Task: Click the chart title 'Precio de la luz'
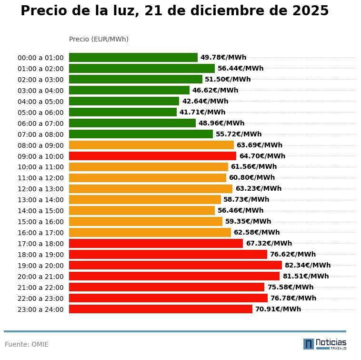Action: (174, 11)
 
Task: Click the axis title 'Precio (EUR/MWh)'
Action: (99, 39)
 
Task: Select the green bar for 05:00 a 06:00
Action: (123, 112)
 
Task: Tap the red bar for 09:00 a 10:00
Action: (152, 156)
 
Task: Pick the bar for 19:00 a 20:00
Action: (175, 265)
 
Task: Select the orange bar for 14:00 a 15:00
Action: (142, 210)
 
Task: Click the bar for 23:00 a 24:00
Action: (160, 309)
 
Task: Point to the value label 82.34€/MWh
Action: (307, 265)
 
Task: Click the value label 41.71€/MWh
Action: (202, 112)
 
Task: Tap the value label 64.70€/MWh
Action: (262, 156)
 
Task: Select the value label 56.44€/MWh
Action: (241, 68)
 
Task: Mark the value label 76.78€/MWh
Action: (293, 298)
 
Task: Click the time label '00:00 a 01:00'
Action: (40, 58)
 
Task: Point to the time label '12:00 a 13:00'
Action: (40, 189)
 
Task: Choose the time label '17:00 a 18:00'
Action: (40, 244)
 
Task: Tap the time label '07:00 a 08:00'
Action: (40, 134)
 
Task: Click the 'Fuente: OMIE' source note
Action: (27, 344)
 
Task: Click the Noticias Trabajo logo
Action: (325, 344)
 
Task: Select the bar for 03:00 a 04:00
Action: (129, 90)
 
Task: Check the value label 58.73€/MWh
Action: (246, 199)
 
